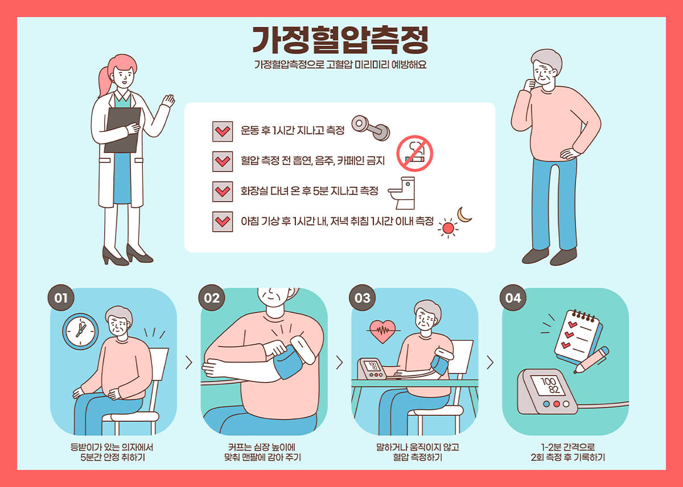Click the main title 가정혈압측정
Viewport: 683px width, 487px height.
(x=340, y=40)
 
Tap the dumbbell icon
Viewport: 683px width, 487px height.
(x=371, y=128)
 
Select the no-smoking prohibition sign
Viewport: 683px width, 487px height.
(x=415, y=154)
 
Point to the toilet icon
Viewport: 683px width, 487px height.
(x=402, y=193)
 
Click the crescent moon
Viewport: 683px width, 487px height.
(x=463, y=215)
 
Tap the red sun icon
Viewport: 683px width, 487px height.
(x=448, y=228)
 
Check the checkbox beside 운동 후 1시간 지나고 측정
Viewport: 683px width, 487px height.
(x=223, y=131)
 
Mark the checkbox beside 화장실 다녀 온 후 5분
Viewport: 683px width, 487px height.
(x=223, y=192)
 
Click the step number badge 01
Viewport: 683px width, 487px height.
(x=61, y=298)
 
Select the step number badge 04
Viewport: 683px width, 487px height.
(x=513, y=298)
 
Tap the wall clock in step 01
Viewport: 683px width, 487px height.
(x=80, y=332)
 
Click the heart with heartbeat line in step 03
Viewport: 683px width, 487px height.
(x=383, y=331)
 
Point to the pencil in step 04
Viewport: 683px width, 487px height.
(x=591, y=360)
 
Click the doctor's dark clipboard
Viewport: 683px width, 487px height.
(x=122, y=130)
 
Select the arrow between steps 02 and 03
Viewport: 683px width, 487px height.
(x=339, y=362)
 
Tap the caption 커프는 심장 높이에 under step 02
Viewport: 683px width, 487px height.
(x=262, y=447)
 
